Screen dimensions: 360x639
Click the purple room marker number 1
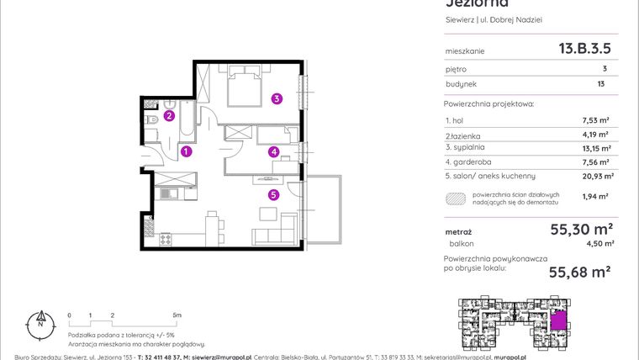[x=187, y=152]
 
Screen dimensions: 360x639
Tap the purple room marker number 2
[x=169, y=116]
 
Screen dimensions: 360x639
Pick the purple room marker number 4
[x=273, y=152]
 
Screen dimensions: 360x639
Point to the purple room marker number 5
[x=273, y=195]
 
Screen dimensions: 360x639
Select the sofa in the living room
[x=275, y=233]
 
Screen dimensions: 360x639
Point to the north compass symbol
[x=39, y=320]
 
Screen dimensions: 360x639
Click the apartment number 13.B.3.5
[x=584, y=50]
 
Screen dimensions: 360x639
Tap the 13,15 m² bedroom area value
[x=594, y=147]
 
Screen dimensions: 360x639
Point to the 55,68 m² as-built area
[x=579, y=271]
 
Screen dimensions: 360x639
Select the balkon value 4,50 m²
[x=598, y=244]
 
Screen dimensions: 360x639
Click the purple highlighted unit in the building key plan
[x=559, y=321]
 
